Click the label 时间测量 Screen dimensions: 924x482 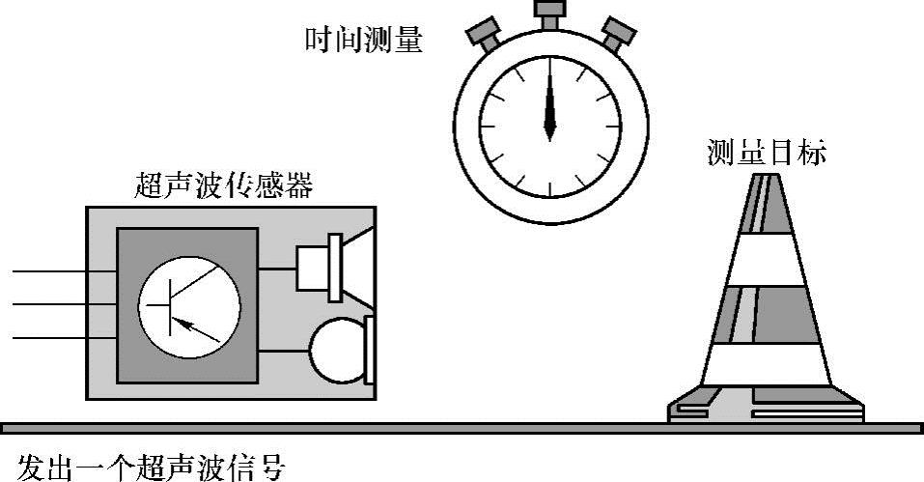coord(363,40)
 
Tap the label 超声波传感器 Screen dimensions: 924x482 coord(226,184)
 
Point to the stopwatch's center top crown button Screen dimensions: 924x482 coord(550,16)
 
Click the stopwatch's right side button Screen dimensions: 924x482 coord(618,35)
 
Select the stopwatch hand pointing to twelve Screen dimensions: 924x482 coord(550,101)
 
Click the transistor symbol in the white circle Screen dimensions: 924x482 coord(188,307)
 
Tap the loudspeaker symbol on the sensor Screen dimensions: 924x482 coord(334,263)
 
